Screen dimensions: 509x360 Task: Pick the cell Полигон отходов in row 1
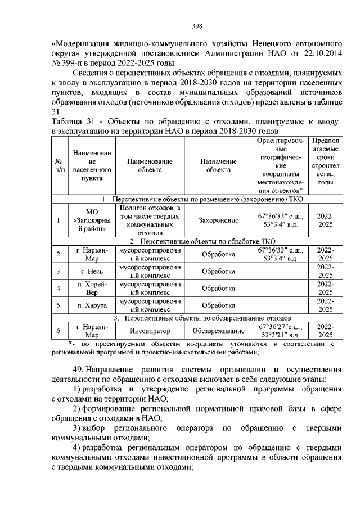[150, 220]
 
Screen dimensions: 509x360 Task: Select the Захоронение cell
[219, 220]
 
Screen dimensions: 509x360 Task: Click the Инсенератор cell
[150, 331]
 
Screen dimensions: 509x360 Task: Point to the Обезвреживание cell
[219, 331]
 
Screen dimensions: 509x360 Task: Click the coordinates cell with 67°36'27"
[280, 331]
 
